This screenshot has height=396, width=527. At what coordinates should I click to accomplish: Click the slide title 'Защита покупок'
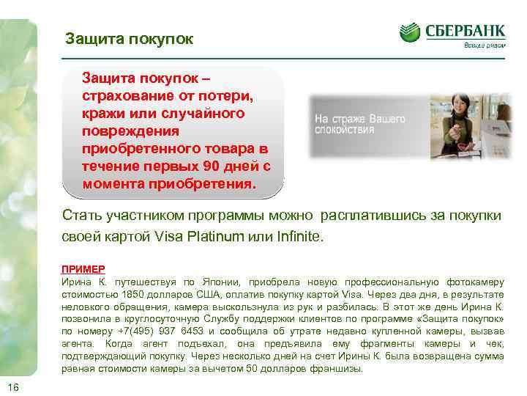point(129,39)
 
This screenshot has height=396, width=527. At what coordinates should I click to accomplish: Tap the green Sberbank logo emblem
point(410,32)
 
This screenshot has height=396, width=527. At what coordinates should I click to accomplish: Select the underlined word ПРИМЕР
point(83,269)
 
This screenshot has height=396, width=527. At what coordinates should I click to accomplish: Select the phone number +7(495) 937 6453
point(151,331)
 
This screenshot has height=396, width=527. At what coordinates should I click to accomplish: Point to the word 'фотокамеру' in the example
point(474,282)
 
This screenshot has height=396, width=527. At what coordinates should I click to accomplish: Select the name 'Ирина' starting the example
point(76,282)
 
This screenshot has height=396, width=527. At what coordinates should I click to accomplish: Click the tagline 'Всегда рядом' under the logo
point(484,45)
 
